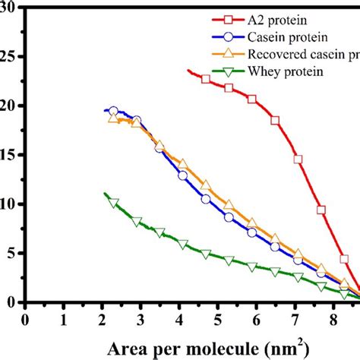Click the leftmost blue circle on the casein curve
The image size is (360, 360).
114,112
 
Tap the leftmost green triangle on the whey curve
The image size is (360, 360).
114,203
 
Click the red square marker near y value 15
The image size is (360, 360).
298,159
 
